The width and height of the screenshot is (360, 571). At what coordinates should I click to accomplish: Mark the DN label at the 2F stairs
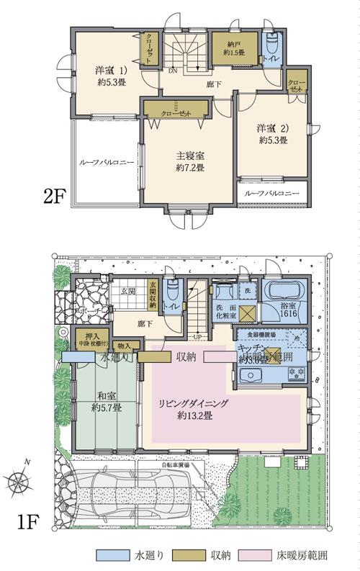174,71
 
